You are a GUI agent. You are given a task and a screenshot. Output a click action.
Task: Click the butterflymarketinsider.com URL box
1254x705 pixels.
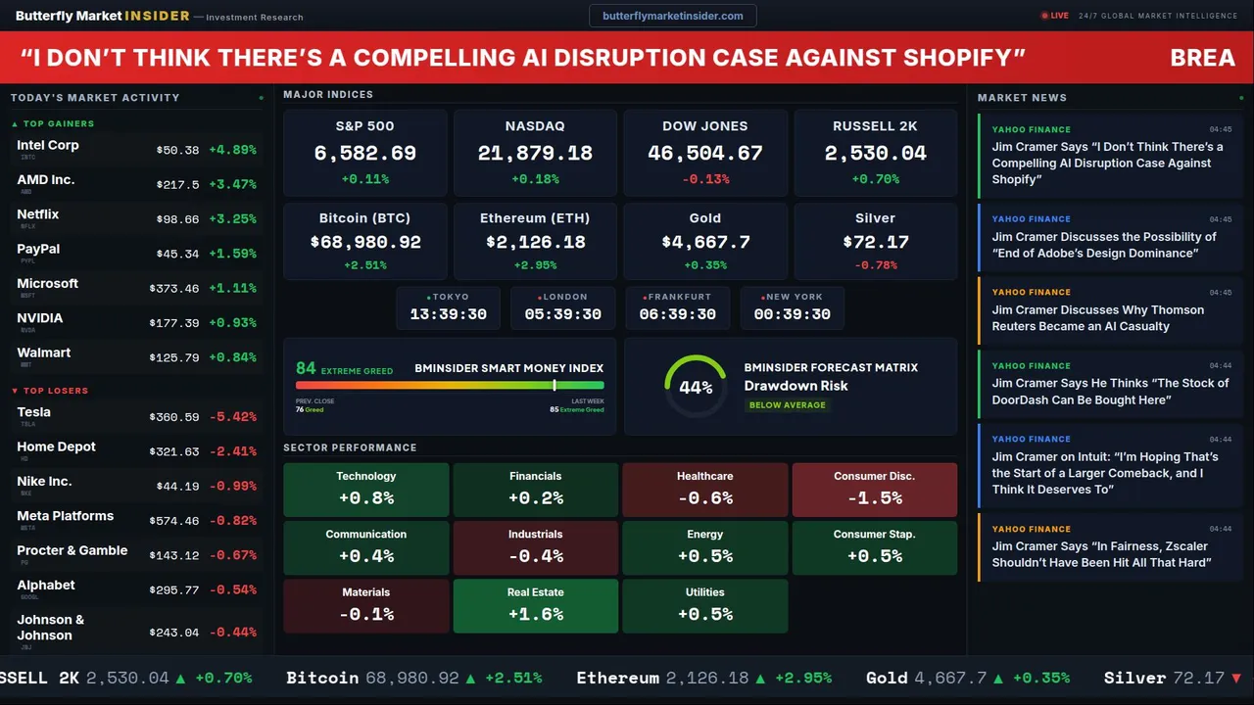[672, 16]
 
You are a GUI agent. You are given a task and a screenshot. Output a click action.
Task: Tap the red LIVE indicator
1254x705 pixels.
[1056, 16]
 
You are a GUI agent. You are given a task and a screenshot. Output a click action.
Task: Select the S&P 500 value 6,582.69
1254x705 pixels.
[364, 154]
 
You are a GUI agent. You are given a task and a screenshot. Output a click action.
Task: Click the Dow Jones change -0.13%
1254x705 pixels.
[705, 179]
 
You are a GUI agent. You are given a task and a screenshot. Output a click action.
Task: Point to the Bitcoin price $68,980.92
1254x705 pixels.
[364, 242]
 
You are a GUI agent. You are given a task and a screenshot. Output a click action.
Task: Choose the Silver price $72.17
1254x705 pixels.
[875, 242]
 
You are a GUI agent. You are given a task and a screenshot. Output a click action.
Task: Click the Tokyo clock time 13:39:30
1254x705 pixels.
[449, 314]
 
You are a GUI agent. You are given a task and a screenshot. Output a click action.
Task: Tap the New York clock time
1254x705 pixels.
[792, 314]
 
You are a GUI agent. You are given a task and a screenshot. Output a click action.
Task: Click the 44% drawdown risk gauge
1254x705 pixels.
[696, 387]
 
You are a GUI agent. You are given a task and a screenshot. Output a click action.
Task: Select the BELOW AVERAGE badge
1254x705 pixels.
[787, 405]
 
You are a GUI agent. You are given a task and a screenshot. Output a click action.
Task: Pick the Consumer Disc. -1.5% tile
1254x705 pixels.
[874, 490]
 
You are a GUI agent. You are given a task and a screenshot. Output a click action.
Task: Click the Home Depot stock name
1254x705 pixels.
[56, 446]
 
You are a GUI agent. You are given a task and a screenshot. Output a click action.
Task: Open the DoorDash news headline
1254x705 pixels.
[1109, 392]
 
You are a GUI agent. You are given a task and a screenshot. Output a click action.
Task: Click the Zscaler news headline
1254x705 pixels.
[1100, 554]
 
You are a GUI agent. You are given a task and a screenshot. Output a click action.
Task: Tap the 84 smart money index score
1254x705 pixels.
[306, 368]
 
